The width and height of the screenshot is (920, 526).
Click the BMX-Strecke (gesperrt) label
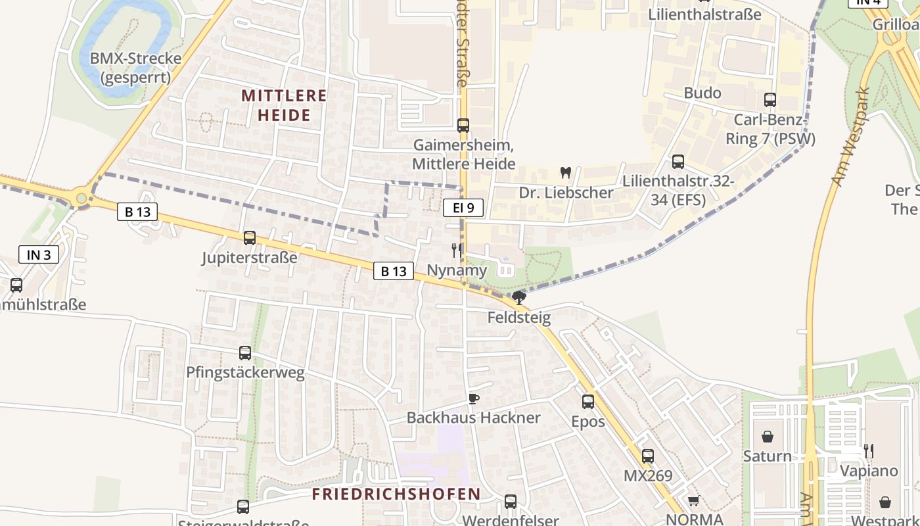pyautogui.click(x=135, y=68)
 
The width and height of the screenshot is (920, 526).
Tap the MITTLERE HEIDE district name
pyautogui.click(x=284, y=105)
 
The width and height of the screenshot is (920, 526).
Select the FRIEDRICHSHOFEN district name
pyautogui.click(x=396, y=494)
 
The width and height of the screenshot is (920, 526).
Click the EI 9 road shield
pyautogui.click(x=463, y=208)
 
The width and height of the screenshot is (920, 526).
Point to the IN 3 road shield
pyautogui.click(x=39, y=254)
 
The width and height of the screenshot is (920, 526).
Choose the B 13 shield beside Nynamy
pyautogui.click(x=394, y=270)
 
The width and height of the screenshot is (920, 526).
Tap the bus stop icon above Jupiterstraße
pyautogui.click(x=250, y=238)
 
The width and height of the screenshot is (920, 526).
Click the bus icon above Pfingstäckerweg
pyautogui.click(x=245, y=353)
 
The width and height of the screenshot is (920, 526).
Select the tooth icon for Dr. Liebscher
pyautogui.click(x=565, y=173)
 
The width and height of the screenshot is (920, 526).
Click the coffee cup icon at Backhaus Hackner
pyautogui.click(x=473, y=398)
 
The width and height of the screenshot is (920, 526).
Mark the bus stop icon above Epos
pyautogui.click(x=588, y=401)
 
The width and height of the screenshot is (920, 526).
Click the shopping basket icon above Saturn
pyautogui.click(x=767, y=437)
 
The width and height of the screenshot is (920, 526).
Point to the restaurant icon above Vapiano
pyautogui.click(x=869, y=451)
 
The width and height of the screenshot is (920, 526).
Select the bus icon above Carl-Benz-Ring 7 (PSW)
pyautogui.click(x=770, y=100)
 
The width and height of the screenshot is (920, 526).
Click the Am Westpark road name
pyautogui.click(x=851, y=137)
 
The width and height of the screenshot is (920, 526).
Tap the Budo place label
pyautogui.click(x=702, y=93)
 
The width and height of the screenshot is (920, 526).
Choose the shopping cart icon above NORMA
pyautogui.click(x=693, y=500)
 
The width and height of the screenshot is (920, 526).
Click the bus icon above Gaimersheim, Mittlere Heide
pyautogui.click(x=463, y=126)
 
